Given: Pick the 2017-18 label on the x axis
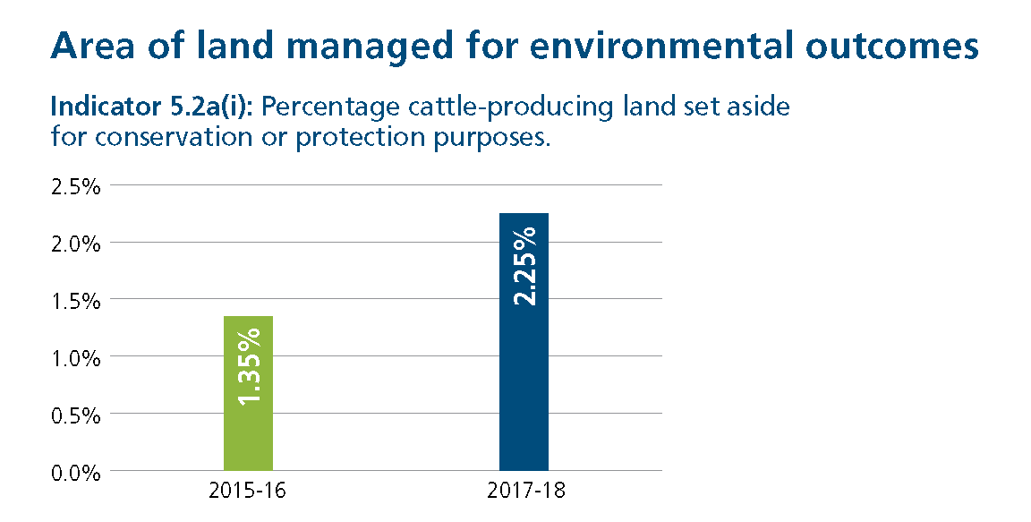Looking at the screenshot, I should click(x=527, y=491).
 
